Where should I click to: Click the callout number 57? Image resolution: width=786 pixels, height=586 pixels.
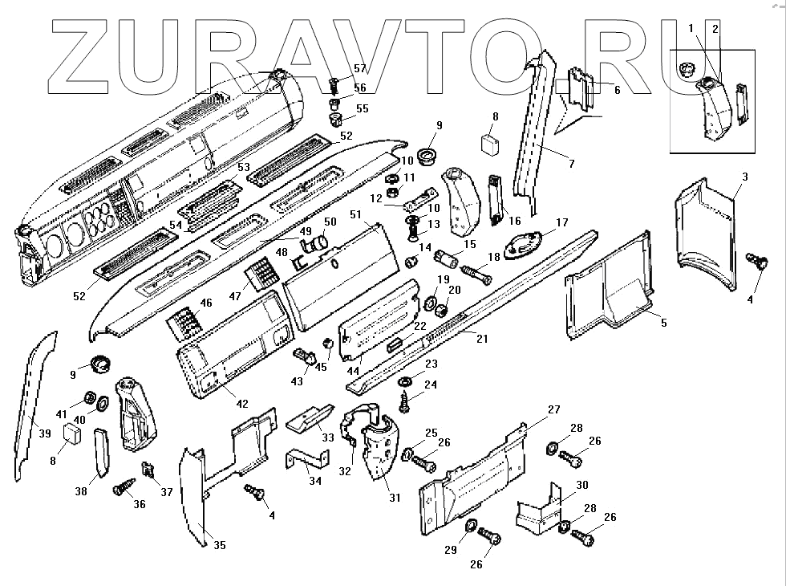tap(360, 69)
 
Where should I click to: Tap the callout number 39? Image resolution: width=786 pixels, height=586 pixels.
tap(45, 433)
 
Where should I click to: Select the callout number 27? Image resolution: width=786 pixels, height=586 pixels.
tap(553, 409)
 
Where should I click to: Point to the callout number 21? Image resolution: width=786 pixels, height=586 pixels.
tap(482, 338)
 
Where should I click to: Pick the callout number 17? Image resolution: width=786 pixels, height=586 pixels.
tap(561, 222)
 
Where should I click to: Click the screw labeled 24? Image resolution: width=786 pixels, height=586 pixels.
tap(405, 397)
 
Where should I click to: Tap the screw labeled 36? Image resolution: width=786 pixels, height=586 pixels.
tap(124, 486)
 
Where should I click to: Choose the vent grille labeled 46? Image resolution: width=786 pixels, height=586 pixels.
tap(184, 325)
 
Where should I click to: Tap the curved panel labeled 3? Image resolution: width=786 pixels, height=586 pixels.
tap(705, 233)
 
